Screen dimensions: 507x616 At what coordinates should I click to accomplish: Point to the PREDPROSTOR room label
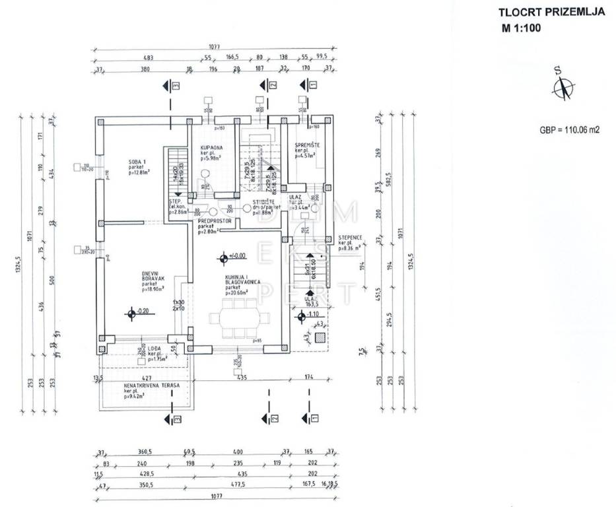215,222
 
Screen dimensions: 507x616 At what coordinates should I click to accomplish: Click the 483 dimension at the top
149,58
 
